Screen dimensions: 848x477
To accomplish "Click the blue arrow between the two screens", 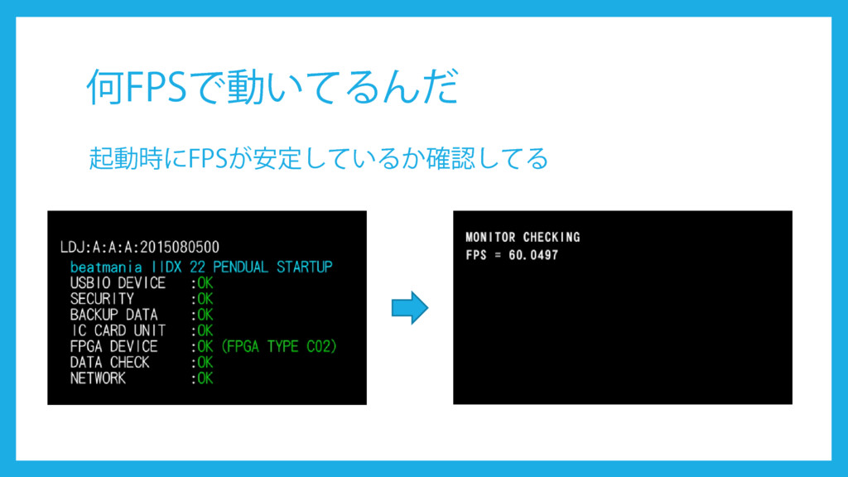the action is [409, 307].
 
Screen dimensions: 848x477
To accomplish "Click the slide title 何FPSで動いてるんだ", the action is [272, 87].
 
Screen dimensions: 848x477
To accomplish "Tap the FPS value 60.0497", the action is [533, 255].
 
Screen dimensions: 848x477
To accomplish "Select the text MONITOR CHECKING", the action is [523, 237].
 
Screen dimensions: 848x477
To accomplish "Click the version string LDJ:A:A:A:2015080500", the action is [140, 248].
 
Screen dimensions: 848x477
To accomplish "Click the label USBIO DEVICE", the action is [118, 283].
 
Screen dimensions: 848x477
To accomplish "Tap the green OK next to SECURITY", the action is [205, 299].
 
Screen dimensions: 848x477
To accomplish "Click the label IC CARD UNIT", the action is [118, 330].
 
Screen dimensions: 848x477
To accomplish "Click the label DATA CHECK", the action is [109, 362].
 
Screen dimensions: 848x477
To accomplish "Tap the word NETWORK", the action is [98, 378].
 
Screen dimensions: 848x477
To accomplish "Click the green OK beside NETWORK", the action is [205, 378].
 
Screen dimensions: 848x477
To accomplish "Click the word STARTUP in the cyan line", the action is [305, 267].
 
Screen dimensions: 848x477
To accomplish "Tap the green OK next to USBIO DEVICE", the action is [205, 283].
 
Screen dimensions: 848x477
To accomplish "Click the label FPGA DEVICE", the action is [113, 346].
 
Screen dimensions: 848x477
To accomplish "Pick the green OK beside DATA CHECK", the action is [205, 362].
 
